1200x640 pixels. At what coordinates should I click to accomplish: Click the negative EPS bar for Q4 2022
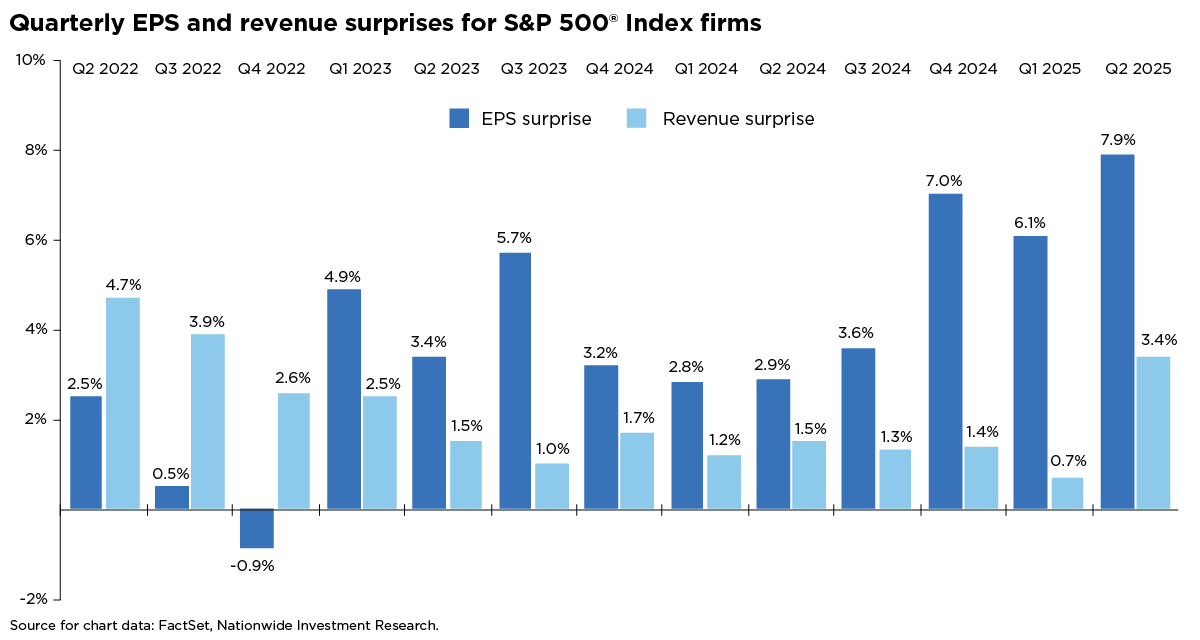tap(257, 528)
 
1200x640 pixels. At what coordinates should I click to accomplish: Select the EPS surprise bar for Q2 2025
tap(1117, 331)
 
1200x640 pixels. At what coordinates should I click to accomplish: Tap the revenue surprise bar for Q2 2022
tap(122, 403)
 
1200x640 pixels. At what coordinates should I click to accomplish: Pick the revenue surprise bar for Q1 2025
tap(1067, 493)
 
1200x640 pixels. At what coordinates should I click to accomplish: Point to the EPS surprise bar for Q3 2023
tap(515, 381)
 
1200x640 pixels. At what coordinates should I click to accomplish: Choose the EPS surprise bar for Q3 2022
tap(172, 497)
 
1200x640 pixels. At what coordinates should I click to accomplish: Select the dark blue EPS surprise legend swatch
tap(460, 119)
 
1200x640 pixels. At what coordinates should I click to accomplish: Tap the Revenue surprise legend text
tap(738, 119)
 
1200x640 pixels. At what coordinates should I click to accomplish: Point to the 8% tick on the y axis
tap(33, 150)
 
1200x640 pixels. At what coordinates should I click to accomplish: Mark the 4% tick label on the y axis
tap(33, 330)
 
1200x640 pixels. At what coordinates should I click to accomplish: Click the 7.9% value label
tap(1117, 140)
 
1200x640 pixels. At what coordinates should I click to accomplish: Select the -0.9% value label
tap(253, 565)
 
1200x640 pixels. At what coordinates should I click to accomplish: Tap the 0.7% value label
tap(1067, 461)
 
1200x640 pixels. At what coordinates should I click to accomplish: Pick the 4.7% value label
tap(122, 284)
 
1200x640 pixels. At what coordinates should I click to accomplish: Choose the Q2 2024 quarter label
tap(792, 69)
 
